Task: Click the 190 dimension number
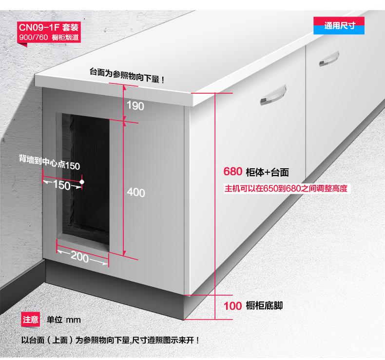coord(135,106)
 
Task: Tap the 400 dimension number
coord(136,192)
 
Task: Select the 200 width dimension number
coord(79,257)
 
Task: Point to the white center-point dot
coord(82,182)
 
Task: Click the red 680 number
coord(233,172)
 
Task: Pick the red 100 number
coord(233,306)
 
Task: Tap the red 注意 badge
coord(30,320)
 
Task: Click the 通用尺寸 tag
coord(339,25)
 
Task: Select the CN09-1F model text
coord(39,27)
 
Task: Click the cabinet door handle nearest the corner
coord(273,95)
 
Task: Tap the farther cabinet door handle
coord(329,59)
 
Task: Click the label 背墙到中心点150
coord(49,162)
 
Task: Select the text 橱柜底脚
coord(264,306)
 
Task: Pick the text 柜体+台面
coord(267,172)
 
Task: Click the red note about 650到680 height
coord(286,188)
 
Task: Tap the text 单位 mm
coord(63,320)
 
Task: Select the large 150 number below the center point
coord(61,185)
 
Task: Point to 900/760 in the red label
coord(34,38)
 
